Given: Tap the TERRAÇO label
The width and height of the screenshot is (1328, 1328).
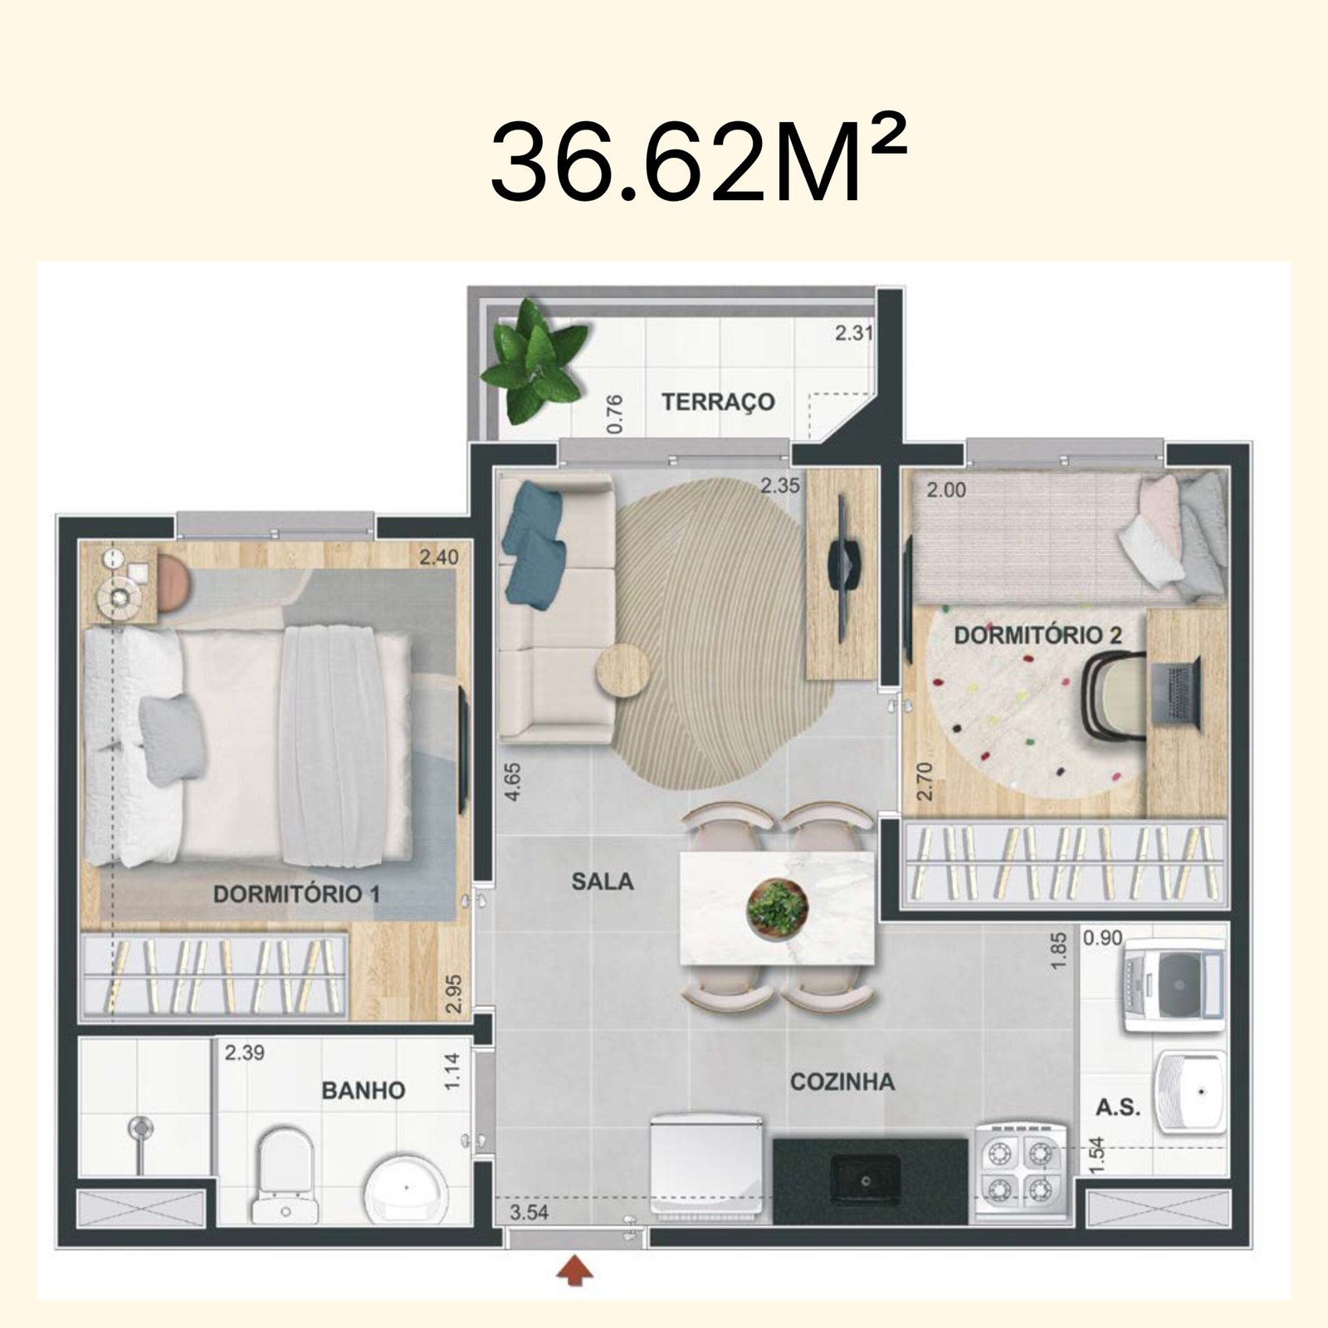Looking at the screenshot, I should click(x=718, y=402).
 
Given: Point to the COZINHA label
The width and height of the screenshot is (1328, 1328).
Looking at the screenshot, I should click(x=842, y=1081).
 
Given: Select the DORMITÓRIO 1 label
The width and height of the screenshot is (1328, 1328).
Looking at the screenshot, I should click(x=296, y=894).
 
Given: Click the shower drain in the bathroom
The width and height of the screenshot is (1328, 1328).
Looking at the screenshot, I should click(x=142, y=1127).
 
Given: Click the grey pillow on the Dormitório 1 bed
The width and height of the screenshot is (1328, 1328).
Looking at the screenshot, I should click(x=171, y=739).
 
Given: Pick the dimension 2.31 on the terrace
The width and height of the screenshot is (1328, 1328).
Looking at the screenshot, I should click(x=853, y=334).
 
